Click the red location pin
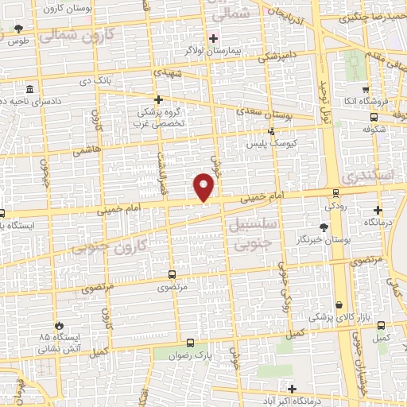coord(204,187)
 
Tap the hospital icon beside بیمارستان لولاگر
coord(212,38)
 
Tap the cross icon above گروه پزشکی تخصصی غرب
coord(158,99)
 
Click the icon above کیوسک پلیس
coord(271,131)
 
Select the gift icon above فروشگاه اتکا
coord(366,90)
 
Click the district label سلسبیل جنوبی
coord(250,232)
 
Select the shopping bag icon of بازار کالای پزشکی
coord(339,304)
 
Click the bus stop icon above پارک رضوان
coord(188,343)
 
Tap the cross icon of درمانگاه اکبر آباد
coord(293,389)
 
